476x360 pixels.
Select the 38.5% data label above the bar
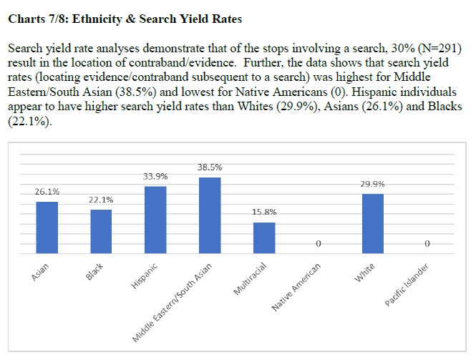click(x=210, y=167)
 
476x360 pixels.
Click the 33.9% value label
click(x=155, y=176)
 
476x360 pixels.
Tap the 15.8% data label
click(x=264, y=213)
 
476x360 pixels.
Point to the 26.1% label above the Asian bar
click(x=47, y=192)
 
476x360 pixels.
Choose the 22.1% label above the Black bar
click(x=101, y=200)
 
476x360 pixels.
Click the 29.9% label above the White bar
click(x=373, y=184)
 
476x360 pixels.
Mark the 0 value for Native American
click(x=319, y=245)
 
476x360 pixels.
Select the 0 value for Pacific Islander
click(x=427, y=245)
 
